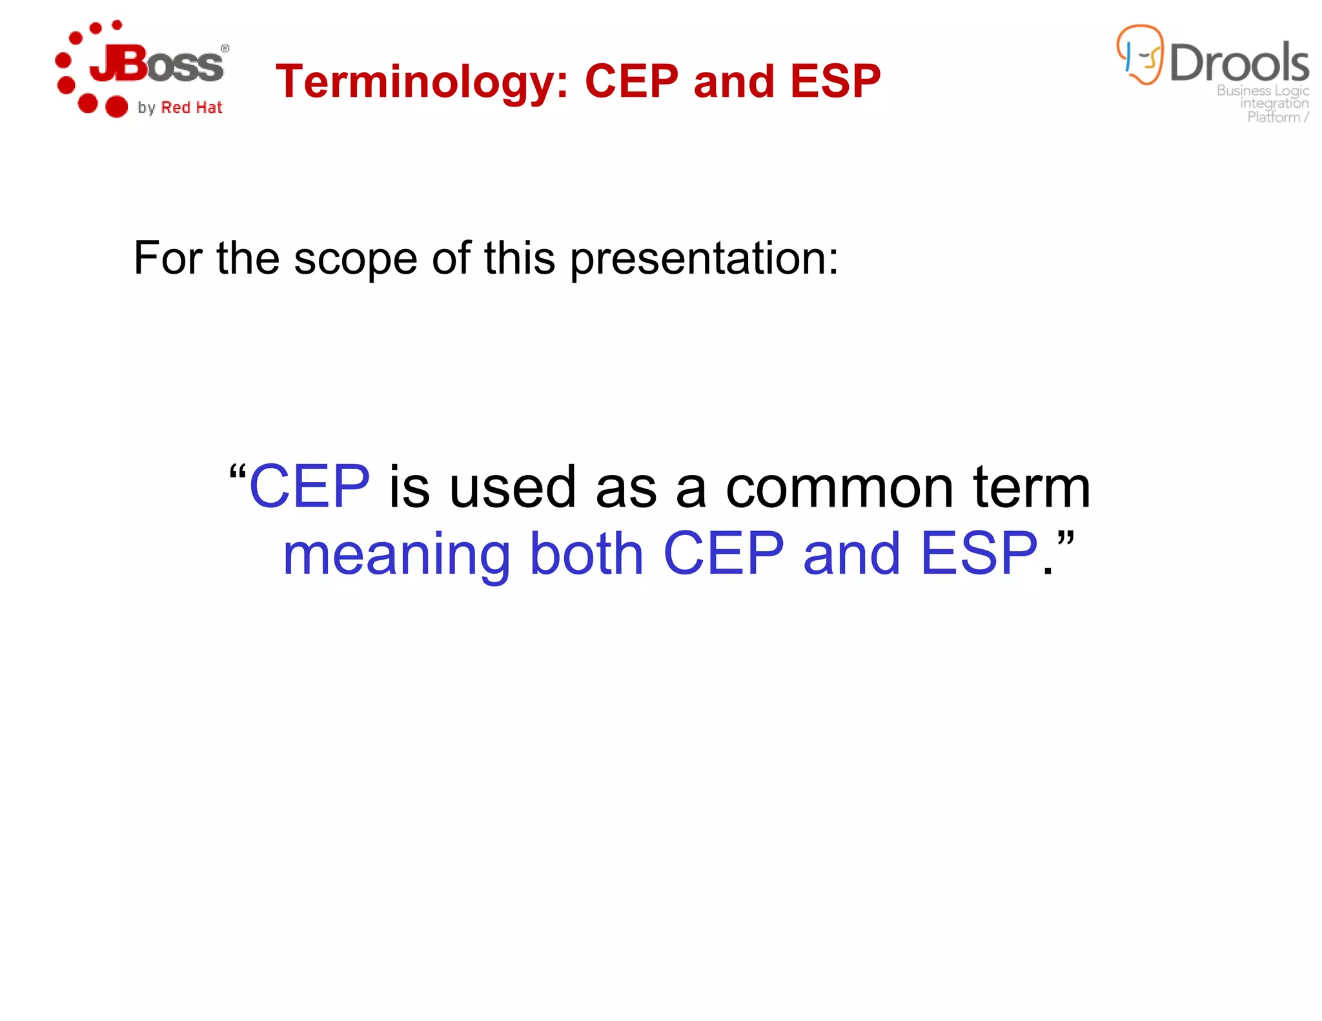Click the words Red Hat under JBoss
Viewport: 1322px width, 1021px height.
[191, 108]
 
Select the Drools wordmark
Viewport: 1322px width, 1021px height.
[1239, 63]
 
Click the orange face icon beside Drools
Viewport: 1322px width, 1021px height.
[1140, 55]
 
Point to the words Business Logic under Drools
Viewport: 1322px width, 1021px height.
[1262, 90]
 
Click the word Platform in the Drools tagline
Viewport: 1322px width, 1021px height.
[1273, 117]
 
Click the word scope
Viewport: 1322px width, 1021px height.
[355, 258]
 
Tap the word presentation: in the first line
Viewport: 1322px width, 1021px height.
[704, 258]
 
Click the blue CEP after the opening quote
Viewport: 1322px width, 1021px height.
[309, 487]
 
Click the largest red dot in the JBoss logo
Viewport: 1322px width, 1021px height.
[116, 106]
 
